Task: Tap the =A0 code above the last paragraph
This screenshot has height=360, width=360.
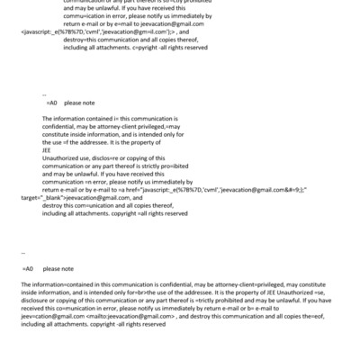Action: point(27,268)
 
